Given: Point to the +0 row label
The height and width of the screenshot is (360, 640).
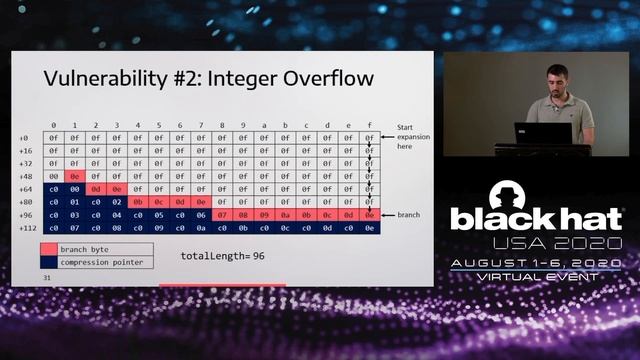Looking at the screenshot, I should pyautogui.click(x=23, y=137).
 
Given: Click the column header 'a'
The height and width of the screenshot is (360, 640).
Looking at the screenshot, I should pyautogui.click(x=264, y=125).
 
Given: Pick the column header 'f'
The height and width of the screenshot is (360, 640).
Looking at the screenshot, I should pyautogui.click(x=369, y=125).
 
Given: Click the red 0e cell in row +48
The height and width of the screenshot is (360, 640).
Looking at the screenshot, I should pyautogui.click(x=75, y=175).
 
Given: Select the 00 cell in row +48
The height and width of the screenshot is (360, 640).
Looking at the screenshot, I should pyautogui.click(x=54, y=175).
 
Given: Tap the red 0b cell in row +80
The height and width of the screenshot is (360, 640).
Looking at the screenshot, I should pyautogui.click(x=138, y=201).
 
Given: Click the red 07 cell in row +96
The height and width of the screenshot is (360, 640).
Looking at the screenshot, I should pyautogui.click(x=222, y=214).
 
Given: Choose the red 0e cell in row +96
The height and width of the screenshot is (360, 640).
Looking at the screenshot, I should pyautogui.click(x=369, y=214).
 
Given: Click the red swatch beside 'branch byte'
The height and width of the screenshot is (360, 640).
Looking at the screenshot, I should pyautogui.click(x=48, y=249).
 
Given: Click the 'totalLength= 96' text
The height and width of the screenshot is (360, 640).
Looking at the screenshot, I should pyautogui.click(x=222, y=256).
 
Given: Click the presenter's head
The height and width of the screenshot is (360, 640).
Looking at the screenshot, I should pyautogui.click(x=555, y=79).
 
